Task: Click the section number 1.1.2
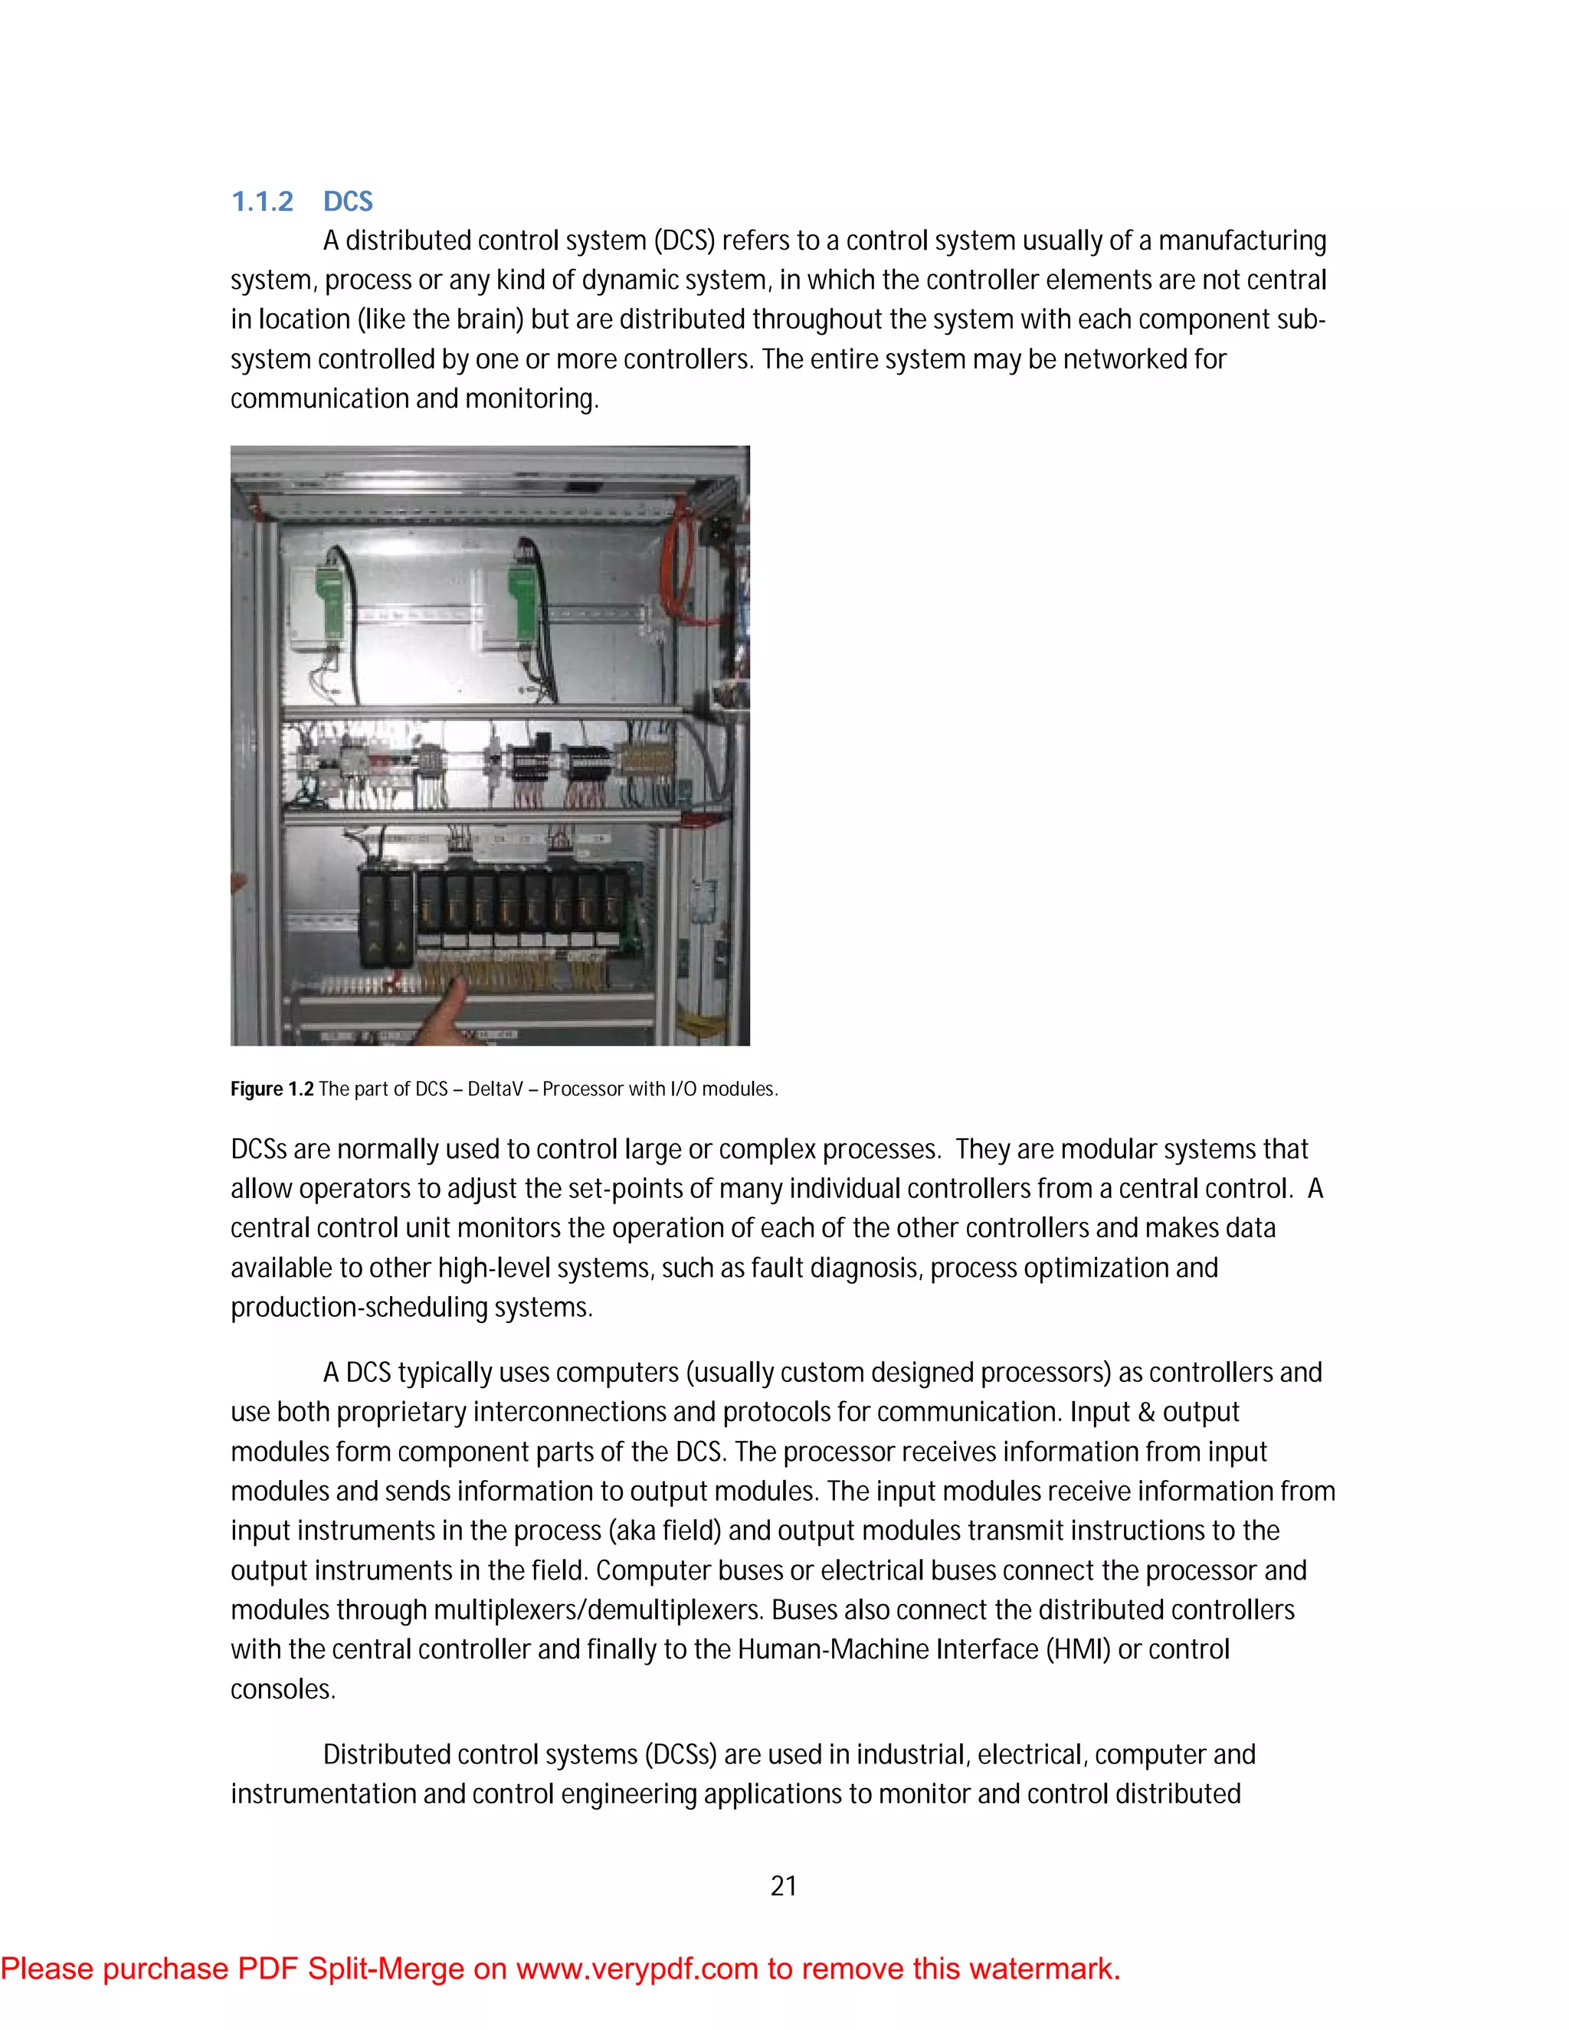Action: pyautogui.click(x=262, y=201)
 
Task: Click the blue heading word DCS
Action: pyautogui.click(x=348, y=201)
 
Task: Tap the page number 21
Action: pyautogui.click(x=784, y=1886)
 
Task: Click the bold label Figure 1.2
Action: pyautogui.click(x=271, y=1089)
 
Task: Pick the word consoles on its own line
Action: pyautogui.click(x=283, y=1689)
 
